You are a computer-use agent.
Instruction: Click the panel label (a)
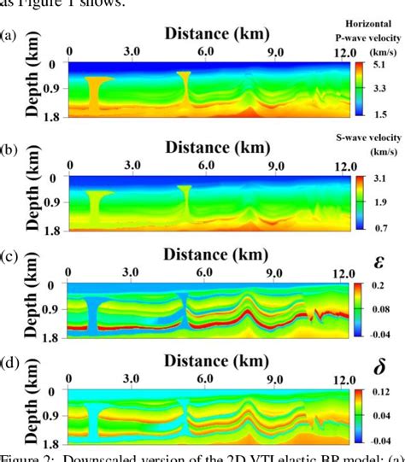click(8, 36)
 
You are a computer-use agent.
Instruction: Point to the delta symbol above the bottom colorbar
click(376, 370)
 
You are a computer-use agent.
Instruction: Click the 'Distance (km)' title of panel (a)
click(216, 34)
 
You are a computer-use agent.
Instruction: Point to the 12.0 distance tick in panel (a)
click(344, 53)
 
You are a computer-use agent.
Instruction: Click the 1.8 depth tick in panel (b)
click(55, 230)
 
